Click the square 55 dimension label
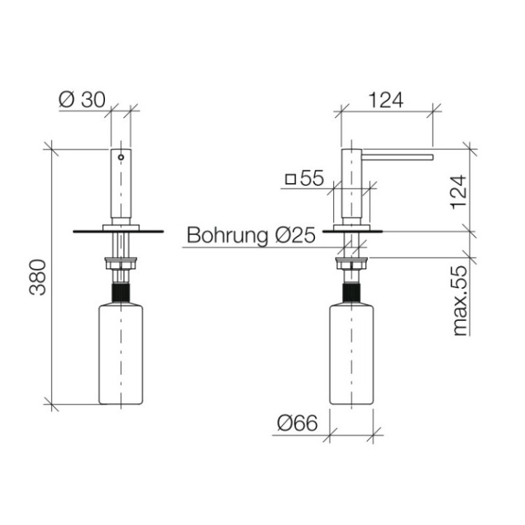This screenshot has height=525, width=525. tap(304, 178)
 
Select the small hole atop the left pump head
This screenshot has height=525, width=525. tap(121, 156)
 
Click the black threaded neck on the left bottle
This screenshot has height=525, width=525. tap(121, 295)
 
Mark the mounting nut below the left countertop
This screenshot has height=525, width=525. tap(121, 263)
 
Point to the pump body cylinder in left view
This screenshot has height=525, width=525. tap(121, 186)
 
